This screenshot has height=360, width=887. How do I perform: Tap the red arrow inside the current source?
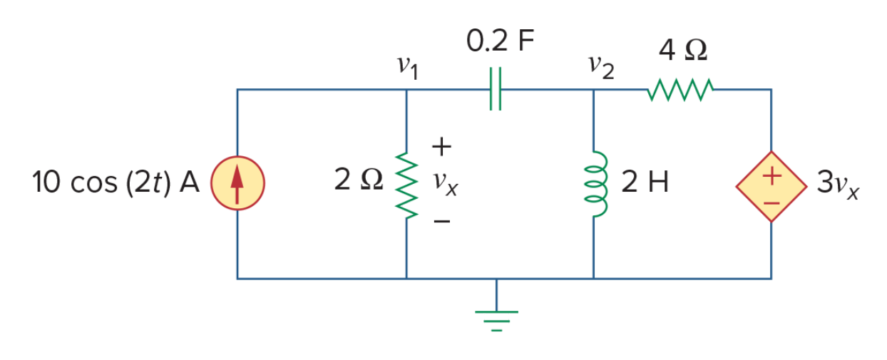[237, 184]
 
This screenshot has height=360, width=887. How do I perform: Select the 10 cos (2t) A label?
[116, 182]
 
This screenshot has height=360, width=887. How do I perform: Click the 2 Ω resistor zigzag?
[406, 185]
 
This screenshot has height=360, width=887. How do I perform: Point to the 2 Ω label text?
[359, 180]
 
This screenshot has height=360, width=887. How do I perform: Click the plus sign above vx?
[441, 147]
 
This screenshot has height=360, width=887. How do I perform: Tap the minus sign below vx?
[442, 221]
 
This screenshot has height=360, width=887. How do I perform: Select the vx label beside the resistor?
[446, 184]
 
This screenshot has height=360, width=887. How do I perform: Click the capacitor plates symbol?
[496, 88]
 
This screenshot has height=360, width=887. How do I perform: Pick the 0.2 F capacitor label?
[501, 41]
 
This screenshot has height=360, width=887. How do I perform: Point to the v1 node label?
[408, 68]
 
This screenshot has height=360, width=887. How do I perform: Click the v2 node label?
[601, 67]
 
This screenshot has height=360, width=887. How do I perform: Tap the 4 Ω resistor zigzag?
[681, 90]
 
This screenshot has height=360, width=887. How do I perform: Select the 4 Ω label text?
[683, 51]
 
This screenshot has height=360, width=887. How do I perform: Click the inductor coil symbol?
[595, 184]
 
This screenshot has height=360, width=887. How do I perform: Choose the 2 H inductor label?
[645, 182]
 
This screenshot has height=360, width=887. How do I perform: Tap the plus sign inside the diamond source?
[771, 176]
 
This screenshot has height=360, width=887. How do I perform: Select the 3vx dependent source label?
[838, 185]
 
